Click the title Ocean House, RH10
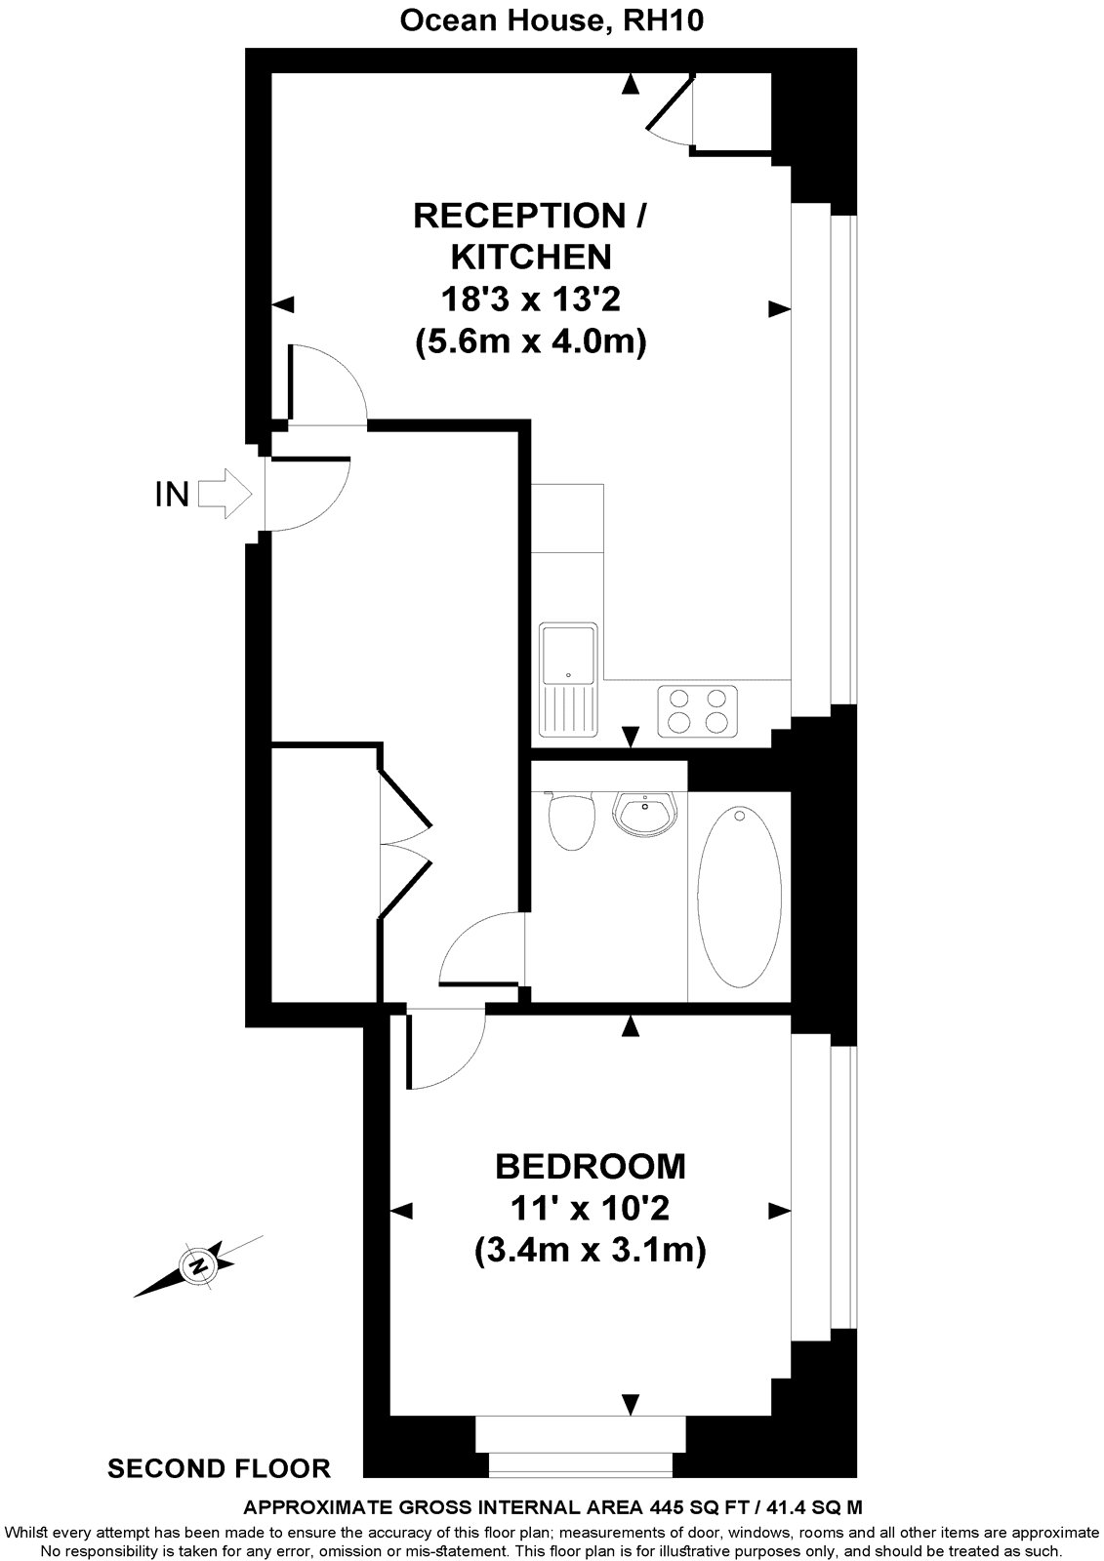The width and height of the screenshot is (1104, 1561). coord(552,21)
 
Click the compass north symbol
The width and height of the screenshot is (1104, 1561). coord(199,1266)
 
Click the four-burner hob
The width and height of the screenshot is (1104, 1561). coord(697,711)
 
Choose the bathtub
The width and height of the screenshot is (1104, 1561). coord(740,897)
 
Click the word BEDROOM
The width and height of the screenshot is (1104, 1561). coord(591,1166)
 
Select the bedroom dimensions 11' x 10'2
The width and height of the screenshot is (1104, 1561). coord(590,1209)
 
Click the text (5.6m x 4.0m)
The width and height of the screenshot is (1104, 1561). coord(531,342)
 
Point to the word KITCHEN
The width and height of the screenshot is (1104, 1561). coord(531,257)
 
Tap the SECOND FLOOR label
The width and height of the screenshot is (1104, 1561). coord(219,1467)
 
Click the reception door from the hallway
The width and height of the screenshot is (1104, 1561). coord(327,385)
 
